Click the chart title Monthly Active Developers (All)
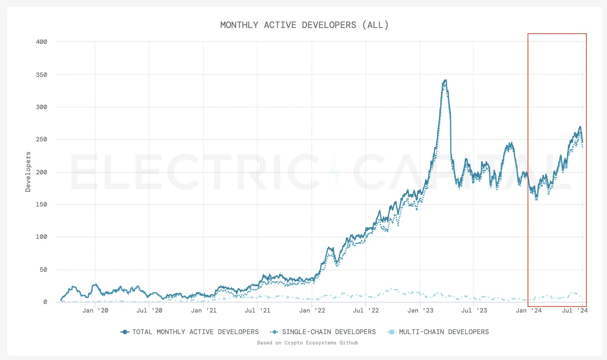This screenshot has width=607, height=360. pos(304,25)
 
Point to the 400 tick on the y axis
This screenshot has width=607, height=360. pos(41,42)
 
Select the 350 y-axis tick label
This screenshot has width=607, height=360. pos(41,75)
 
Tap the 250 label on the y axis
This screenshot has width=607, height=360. pos(41,139)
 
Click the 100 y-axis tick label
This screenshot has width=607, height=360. pos(41,237)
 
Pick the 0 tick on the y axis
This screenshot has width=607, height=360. pos(45,302)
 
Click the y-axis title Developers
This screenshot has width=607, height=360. pos(28,172)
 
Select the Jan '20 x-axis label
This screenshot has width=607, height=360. pos(95,311)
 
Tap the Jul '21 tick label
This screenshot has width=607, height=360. pos(257,311)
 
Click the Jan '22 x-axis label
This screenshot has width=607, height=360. pos(312,311)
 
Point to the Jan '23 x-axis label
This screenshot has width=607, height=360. pos(420,311)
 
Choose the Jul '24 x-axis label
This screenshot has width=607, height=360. pos(575,311)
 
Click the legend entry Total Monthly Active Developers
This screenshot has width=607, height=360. pos(190,332)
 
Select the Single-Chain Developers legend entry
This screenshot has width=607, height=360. pos(323,332)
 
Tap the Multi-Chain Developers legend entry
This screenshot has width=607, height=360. pos(439,332)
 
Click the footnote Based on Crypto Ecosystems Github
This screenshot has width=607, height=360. pos(307,343)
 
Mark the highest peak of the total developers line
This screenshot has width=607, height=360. pos(445,80)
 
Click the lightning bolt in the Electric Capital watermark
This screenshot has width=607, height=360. pos(335,172)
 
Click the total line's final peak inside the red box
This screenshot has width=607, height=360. pos(580,127)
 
